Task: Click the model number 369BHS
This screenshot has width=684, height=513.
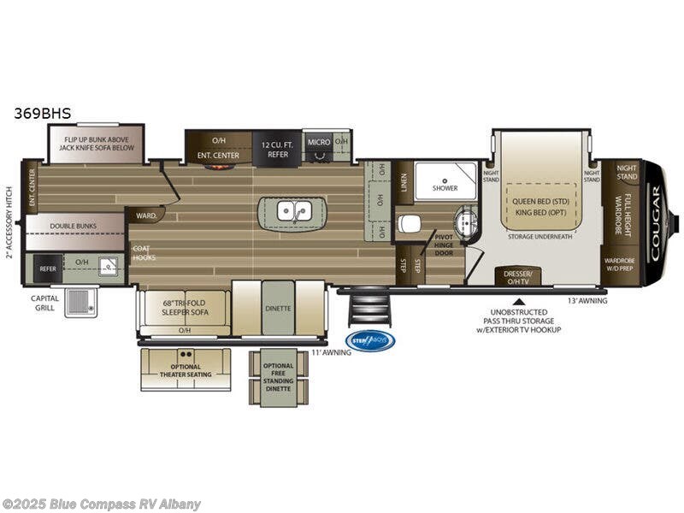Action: tap(42, 112)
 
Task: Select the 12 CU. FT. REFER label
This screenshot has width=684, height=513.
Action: tap(277, 150)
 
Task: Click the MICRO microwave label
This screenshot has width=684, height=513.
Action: tap(319, 142)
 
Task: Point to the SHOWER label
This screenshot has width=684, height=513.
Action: tap(445, 187)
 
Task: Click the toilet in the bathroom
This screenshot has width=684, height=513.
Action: tap(409, 224)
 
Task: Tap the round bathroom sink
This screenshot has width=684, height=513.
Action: tap(466, 221)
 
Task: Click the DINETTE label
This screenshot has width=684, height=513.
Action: tap(278, 308)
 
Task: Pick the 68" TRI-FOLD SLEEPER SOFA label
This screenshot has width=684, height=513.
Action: tap(184, 307)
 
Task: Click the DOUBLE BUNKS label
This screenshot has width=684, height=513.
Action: tap(73, 227)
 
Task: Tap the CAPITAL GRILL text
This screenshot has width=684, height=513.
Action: tap(44, 303)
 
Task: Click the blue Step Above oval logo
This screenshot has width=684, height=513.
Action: tap(370, 341)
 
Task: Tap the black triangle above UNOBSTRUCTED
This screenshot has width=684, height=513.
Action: tap(517, 301)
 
